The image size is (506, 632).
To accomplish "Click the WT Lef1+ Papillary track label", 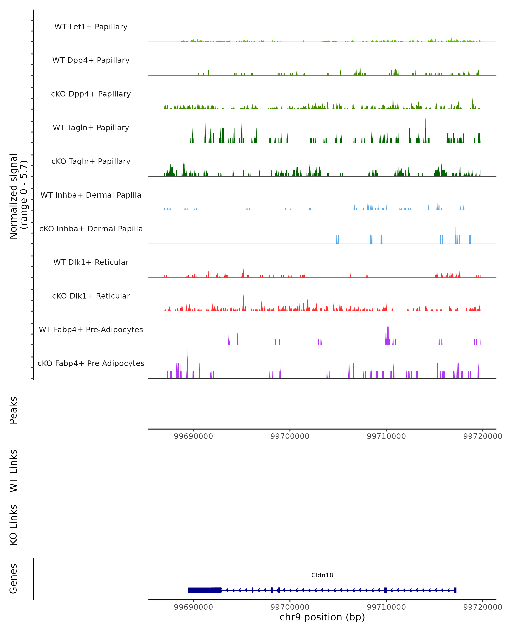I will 91,27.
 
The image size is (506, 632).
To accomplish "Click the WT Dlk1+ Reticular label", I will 91,262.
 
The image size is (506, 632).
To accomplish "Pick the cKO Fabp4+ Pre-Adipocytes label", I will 91,363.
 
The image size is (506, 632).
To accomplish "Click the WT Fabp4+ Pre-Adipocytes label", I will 91,329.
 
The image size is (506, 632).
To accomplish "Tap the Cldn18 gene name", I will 322,575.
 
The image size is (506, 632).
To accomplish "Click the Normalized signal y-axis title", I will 18,196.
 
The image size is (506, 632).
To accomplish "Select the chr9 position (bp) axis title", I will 322,617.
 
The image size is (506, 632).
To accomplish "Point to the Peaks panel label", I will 13,410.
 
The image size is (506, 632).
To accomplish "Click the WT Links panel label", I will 13,470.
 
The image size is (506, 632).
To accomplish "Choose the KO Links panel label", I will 13,525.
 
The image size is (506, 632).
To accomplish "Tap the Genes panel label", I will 13,579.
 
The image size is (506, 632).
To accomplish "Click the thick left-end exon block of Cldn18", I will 205,590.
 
